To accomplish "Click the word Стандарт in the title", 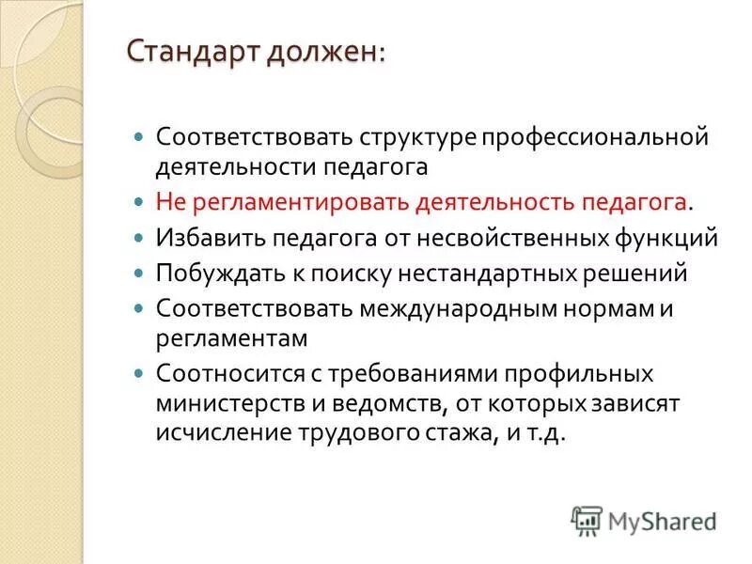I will (193, 55).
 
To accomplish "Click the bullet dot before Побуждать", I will (138, 274).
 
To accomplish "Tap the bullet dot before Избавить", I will (138, 238).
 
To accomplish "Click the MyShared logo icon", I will (586, 521).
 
